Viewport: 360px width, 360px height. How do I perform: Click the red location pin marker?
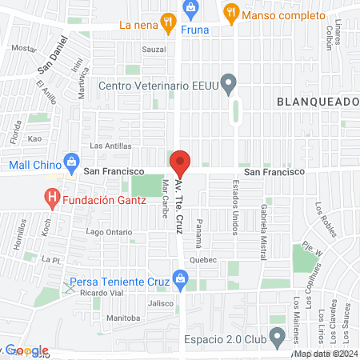click(180, 164)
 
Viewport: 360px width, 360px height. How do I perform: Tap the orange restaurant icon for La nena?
click(167, 23)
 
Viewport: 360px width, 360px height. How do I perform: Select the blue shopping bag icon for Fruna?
click(191, 9)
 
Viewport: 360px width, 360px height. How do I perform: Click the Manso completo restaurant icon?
click(231, 11)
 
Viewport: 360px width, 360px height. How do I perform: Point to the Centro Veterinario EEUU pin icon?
click(230, 83)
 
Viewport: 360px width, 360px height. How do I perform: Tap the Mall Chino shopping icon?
click(71, 159)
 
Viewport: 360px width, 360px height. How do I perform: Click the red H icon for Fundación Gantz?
click(53, 196)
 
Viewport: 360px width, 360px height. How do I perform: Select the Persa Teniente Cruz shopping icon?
click(180, 279)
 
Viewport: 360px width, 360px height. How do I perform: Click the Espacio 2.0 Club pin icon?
click(277, 334)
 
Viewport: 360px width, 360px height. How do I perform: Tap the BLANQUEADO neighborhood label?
click(318, 102)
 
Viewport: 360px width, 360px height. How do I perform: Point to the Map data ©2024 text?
click(323, 354)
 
